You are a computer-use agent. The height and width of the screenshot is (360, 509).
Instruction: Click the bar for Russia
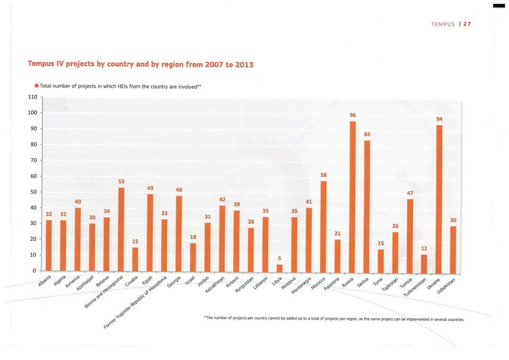(x=353, y=196)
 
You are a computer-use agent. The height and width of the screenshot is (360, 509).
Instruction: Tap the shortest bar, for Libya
(x=279, y=268)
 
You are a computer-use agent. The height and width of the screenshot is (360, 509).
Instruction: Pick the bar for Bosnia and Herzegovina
(x=121, y=229)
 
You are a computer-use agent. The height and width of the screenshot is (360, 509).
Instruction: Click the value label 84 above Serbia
(x=367, y=134)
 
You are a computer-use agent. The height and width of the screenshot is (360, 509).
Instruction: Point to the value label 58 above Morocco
(x=324, y=174)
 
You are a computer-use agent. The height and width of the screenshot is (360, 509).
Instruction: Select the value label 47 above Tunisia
(x=410, y=193)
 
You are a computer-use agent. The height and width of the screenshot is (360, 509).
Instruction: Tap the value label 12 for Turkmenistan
(x=424, y=248)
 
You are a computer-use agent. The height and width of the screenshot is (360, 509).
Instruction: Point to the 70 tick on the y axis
(x=33, y=160)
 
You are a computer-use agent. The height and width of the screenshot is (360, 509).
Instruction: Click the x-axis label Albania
(x=45, y=280)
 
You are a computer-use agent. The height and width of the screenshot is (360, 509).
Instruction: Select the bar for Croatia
(x=135, y=259)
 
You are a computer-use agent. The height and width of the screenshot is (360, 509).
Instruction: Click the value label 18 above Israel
(x=193, y=237)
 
